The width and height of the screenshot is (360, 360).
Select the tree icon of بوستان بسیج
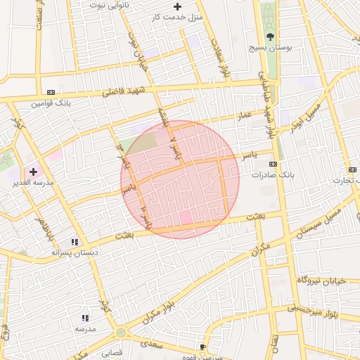point(271,37)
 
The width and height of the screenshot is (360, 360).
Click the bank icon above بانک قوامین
point(51,92)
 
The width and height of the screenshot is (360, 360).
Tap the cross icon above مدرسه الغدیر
point(33,172)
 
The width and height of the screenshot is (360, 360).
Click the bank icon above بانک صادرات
point(274,164)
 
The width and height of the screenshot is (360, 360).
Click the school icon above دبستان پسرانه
point(75,242)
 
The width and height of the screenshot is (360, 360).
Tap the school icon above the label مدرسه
point(85,319)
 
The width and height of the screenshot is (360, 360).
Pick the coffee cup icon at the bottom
point(202,347)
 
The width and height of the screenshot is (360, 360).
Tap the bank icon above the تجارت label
point(351,170)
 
